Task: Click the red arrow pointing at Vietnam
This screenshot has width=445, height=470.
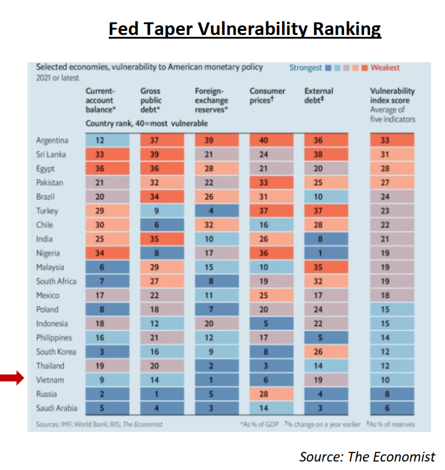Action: [11, 379]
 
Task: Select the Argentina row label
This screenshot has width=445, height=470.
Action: [52, 141]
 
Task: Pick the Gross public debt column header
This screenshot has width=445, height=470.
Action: [152, 100]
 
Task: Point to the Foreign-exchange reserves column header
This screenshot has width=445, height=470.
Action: [211, 100]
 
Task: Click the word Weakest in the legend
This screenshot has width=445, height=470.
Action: [385, 68]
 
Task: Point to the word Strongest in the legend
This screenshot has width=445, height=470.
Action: [306, 68]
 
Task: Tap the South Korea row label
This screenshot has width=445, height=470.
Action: [54, 352]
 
